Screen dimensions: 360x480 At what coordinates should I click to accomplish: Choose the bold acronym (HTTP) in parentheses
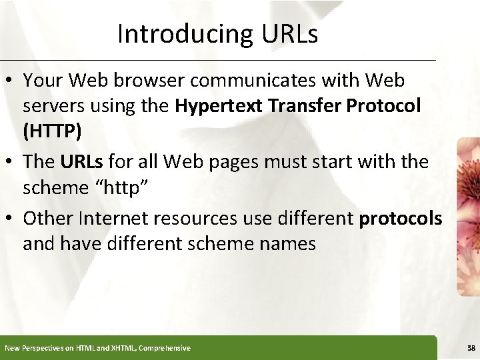tap(52, 131)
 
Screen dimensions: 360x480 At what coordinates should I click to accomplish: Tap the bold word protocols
tap(400, 219)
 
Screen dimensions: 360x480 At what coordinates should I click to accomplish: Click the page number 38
tap(471, 348)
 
